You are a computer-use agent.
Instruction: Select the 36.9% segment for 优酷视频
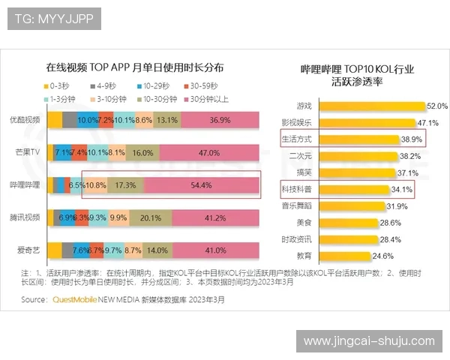(x=220, y=120)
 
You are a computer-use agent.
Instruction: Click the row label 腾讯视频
(x=25, y=217)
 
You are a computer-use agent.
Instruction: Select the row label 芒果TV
(x=27, y=152)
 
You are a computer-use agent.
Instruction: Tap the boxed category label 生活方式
(x=295, y=139)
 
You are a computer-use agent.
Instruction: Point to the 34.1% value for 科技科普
(x=402, y=190)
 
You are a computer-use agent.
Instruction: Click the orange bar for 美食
(x=346, y=223)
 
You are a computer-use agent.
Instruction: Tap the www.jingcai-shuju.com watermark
(x=368, y=341)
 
